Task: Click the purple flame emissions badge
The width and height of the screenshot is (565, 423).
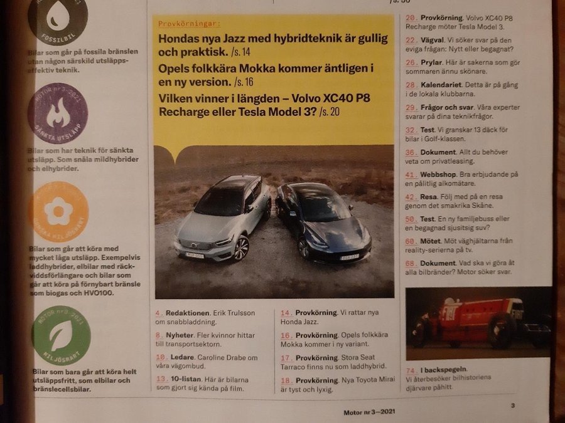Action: tap(57, 113)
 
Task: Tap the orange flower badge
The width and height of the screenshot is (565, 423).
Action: tap(58, 212)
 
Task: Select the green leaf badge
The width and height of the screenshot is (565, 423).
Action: tap(61, 335)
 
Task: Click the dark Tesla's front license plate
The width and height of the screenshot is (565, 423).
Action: tap(350, 256)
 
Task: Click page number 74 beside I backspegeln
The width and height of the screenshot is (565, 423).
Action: tap(411, 369)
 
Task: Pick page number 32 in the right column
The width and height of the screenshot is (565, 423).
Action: tap(411, 130)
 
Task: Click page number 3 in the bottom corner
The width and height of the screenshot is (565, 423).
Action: tap(513, 405)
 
